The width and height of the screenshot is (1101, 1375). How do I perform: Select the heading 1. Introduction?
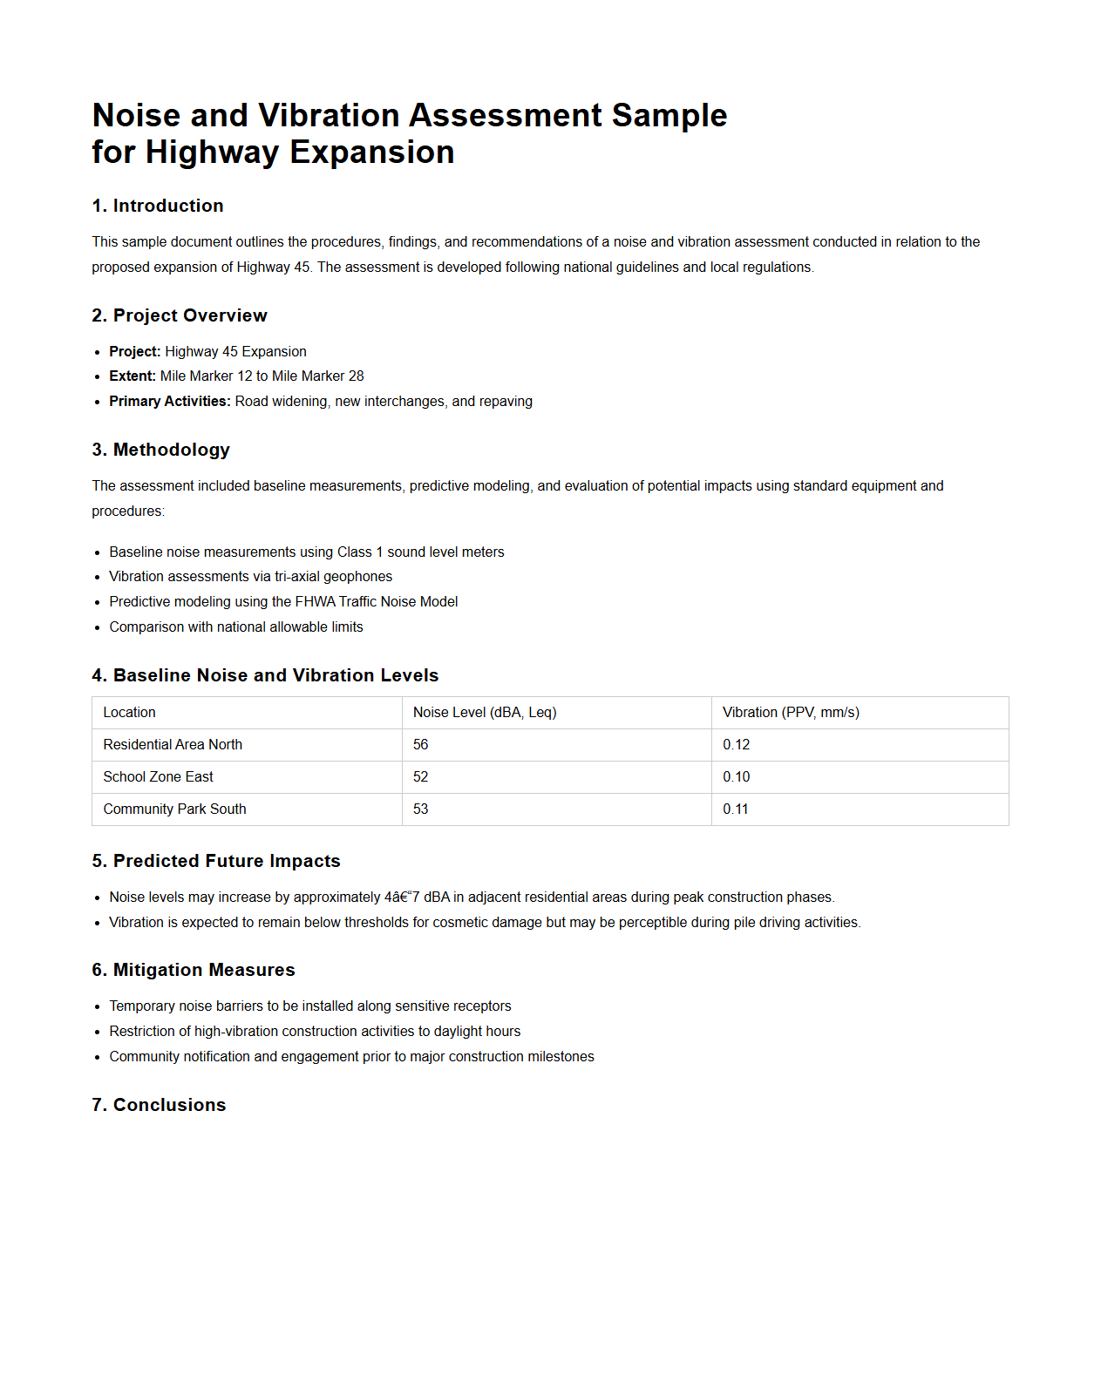pyautogui.click(x=158, y=206)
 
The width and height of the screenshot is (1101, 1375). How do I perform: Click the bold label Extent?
pyautogui.click(x=133, y=376)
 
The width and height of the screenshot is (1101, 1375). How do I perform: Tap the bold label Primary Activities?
pyautogui.click(x=170, y=402)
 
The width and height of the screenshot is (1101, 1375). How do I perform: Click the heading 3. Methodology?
pyautogui.click(x=161, y=450)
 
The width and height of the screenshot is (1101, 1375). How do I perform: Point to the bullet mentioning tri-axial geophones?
pyautogui.click(x=250, y=577)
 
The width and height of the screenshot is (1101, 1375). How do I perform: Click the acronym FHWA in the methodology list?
pyautogui.click(x=315, y=602)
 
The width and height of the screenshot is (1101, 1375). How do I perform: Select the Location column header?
pyautogui.click(x=129, y=713)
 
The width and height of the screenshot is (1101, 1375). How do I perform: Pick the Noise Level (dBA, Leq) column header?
pyautogui.click(x=484, y=713)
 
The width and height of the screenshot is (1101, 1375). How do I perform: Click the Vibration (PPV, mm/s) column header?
pyautogui.click(x=790, y=713)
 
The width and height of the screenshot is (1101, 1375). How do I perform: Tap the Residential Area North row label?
pyautogui.click(x=173, y=745)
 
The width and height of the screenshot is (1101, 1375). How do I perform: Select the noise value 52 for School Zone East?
pyautogui.click(x=420, y=777)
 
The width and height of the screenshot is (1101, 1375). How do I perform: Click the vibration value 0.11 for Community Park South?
pyautogui.click(x=735, y=809)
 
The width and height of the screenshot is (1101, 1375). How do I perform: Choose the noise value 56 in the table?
pyautogui.click(x=420, y=745)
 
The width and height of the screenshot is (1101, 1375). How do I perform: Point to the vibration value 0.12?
pyautogui.click(x=736, y=745)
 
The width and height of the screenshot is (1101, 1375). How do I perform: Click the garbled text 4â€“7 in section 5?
pyautogui.click(x=402, y=897)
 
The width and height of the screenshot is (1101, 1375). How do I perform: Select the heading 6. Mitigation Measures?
pyautogui.click(x=194, y=970)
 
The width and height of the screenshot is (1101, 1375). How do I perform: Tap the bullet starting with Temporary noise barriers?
pyautogui.click(x=309, y=1006)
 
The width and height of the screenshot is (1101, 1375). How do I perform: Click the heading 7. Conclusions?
pyautogui.click(x=159, y=1105)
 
